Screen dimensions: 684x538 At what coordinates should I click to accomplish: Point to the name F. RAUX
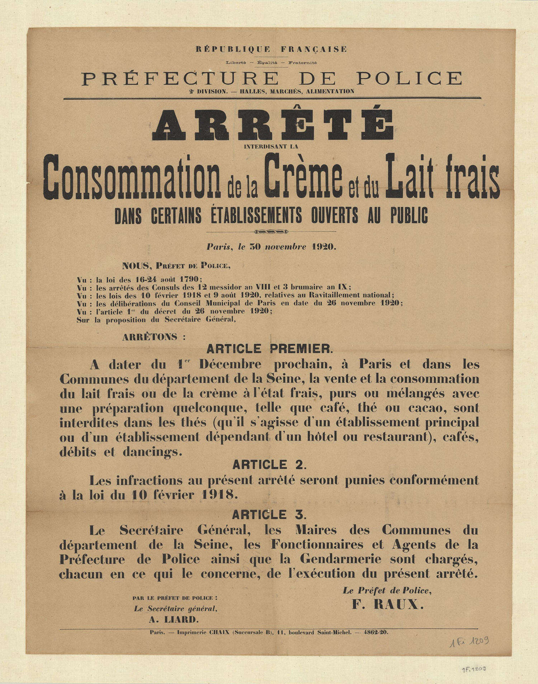tap(388, 605)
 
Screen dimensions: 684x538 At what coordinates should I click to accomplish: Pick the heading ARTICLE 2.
tap(269, 465)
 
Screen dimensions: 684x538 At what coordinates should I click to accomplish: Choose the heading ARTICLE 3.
tap(269, 515)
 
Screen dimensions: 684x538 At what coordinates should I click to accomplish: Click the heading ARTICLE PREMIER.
tap(269, 349)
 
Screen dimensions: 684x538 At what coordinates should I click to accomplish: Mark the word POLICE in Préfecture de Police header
tap(409, 78)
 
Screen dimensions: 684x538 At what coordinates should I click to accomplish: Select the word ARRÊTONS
tap(150, 337)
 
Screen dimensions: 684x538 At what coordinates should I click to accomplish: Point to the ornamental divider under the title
tap(271, 232)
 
